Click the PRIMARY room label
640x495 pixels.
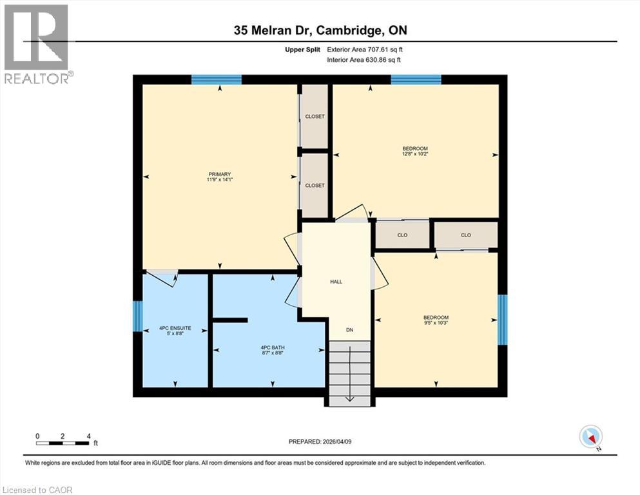tap(219, 174)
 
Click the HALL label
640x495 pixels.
tap(336, 282)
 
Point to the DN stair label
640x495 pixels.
tap(349, 330)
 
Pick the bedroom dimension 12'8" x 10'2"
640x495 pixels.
tap(415, 155)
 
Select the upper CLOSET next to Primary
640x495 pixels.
tap(315, 117)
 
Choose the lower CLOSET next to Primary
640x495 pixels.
tap(315, 185)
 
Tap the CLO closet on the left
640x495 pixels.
tap(402, 235)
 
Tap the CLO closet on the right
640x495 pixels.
tap(466, 235)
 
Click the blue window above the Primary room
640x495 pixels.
tap(217, 80)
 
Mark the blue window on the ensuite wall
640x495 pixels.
tap(137, 316)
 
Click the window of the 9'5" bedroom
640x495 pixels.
tap(503, 319)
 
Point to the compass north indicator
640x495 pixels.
tap(591, 437)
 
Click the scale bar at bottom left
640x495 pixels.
tap(63, 442)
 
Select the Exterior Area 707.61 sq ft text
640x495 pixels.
tap(368, 49)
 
